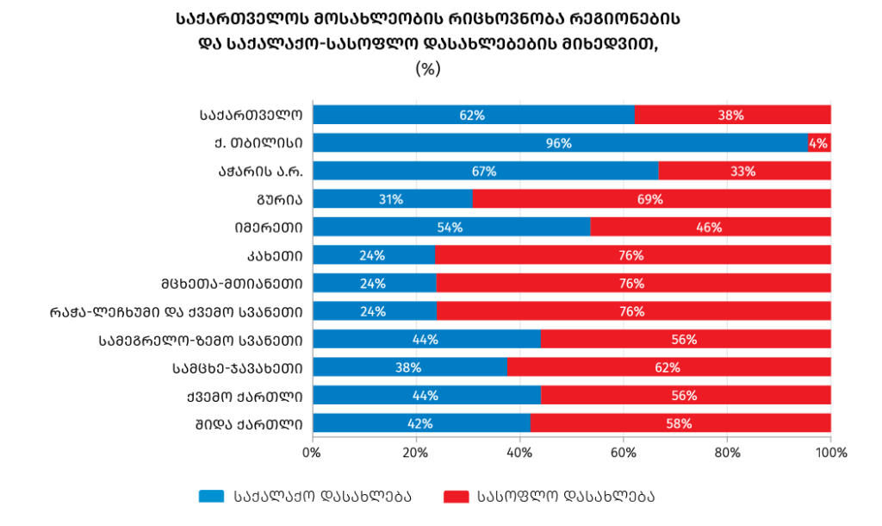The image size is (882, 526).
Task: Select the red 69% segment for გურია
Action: tap(652, 199)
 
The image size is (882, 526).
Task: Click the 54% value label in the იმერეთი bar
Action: tap(450, 228)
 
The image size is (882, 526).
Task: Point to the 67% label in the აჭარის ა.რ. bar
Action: tap(484, 172)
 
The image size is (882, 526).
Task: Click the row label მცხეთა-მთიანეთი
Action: tap(231, 284)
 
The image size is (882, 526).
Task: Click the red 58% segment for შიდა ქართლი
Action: tap(680, 423)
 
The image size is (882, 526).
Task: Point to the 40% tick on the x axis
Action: tap(520, 451)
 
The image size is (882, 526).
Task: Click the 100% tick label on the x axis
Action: tap(830, 451)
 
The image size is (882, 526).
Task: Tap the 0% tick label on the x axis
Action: tap(312, 451)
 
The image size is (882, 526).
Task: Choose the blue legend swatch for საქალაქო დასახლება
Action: tap(211, 496)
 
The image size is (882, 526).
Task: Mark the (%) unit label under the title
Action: tap(428, 69)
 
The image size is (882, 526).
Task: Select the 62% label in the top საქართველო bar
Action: tap(472, 116)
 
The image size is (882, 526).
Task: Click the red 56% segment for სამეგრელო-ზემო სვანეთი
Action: tap(685, 340)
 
